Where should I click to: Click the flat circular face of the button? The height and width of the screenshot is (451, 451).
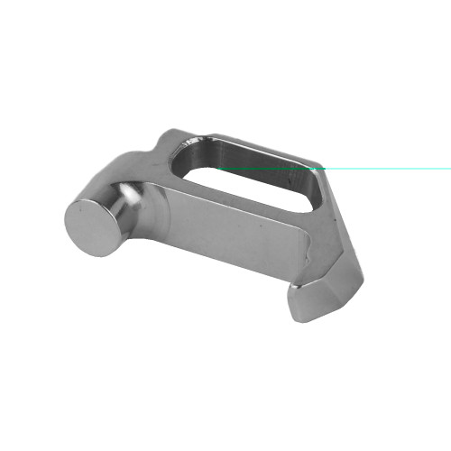[x=95, y=223]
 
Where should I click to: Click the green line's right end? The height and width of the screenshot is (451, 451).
[x=449, y=168]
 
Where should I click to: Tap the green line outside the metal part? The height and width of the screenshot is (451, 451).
[x=388, y=168]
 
